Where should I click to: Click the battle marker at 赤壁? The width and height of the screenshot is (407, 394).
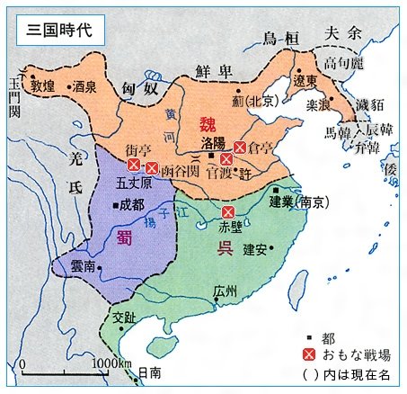228,213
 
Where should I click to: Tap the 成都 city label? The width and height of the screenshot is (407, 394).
132,204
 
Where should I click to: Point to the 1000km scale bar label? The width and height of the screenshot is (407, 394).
111,363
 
